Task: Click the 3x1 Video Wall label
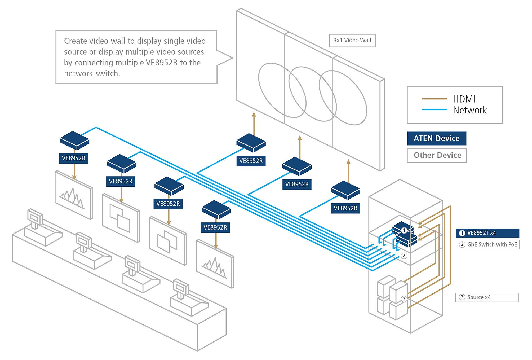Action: tap(352, 41)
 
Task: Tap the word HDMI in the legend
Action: tap(464, 99)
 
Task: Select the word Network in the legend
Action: tap(470, 110)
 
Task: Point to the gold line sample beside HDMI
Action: tap(434, 99)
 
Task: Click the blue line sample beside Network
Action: tap(434, 109)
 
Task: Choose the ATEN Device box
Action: tap(437, 138)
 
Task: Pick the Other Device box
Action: tap(437, 155)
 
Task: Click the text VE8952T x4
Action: tap(481, 233)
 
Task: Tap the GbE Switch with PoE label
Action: tap(492, 244)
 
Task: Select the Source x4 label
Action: tap(479, 297)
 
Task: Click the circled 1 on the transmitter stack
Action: tap(404, 230)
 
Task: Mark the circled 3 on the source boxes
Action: tap(404, 299)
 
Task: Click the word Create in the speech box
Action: tap(76, 41)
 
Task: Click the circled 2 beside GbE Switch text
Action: tap(462, 244)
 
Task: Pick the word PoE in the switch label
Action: tap(512, 244)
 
